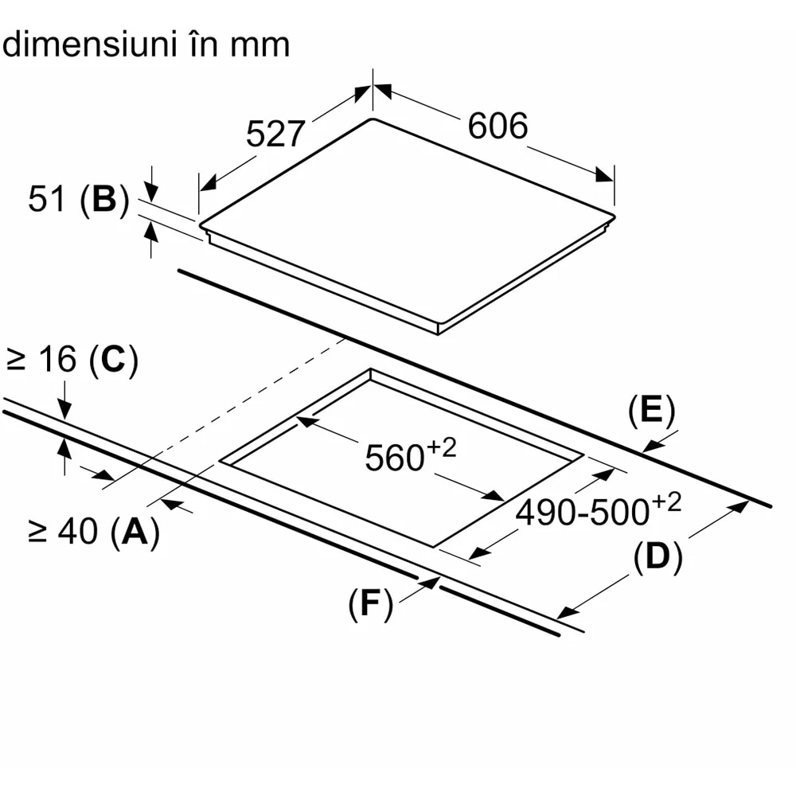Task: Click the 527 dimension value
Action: coord(275,134)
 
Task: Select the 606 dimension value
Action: coord(497,126)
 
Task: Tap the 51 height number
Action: coord(46,199)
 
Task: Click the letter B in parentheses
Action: coord(104,199)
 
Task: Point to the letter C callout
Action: coord(113,361)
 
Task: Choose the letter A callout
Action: coord(135,531)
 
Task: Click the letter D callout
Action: coord(657,558)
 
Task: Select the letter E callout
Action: coord(651,412)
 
